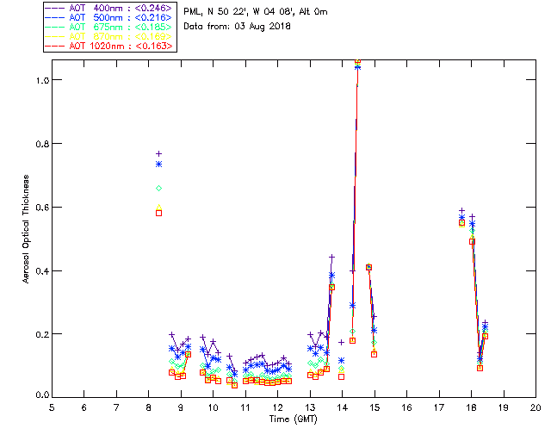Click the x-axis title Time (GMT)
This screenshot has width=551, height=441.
tap(293, 419)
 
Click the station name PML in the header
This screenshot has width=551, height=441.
tap(193, 11)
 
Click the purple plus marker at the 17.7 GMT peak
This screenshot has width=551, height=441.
tap(461, 210)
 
